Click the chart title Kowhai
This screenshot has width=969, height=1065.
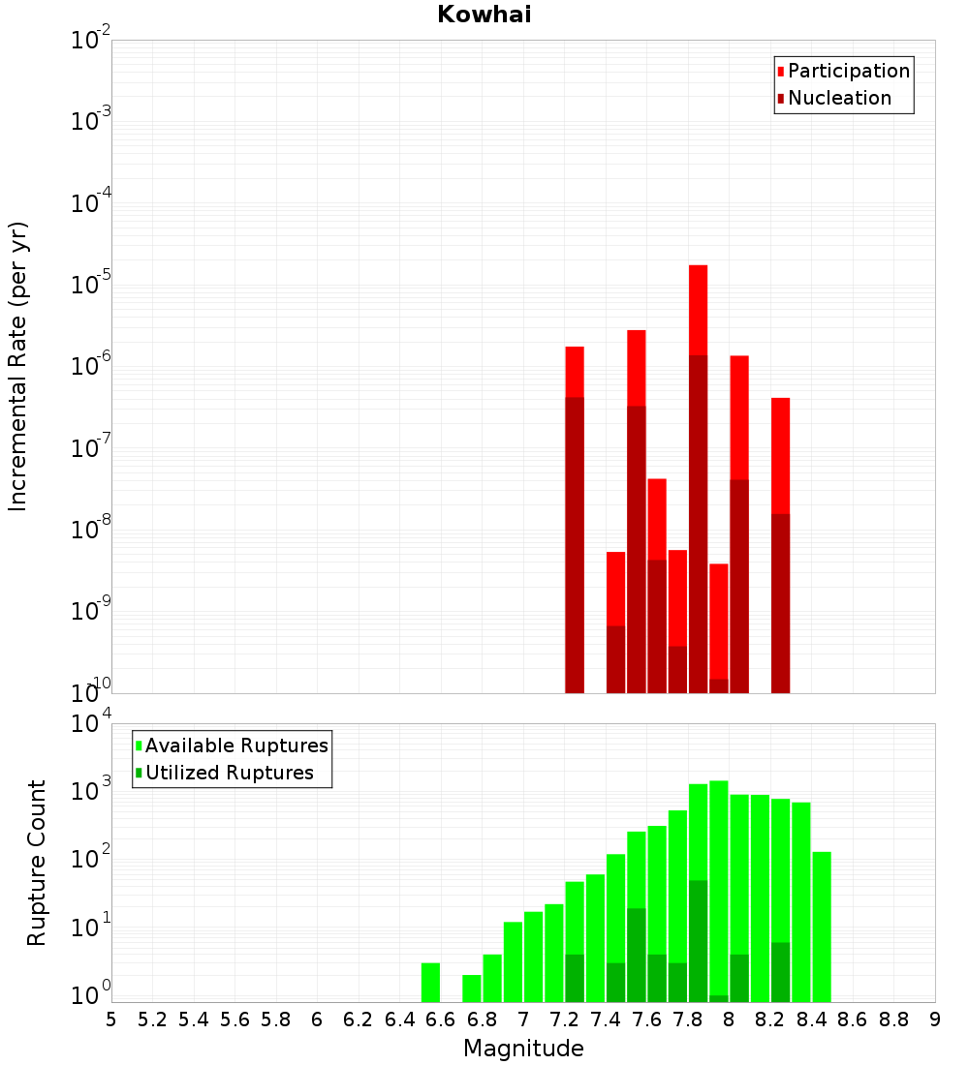coord(484,15)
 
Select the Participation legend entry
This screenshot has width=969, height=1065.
coord(848,72)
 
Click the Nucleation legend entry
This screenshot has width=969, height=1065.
coord(838,99)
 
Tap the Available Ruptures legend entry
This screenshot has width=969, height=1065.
coord(235,746)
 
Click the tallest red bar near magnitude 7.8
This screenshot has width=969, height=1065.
coord(698,310)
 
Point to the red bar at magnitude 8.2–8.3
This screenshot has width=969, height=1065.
coord(780,455)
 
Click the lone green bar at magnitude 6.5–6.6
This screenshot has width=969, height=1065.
coord(430,982)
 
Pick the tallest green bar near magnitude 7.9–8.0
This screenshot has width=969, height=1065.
coord(718,891)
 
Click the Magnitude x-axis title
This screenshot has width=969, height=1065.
coord(523,1049)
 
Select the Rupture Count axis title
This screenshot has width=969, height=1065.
coord(37,862)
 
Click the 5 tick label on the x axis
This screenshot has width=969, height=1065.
coord(111,1019)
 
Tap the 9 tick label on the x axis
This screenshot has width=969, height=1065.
coord(935,1019)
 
